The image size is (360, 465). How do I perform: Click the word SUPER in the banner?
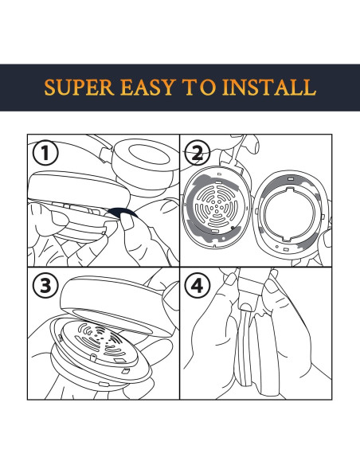click(x=79, y=88)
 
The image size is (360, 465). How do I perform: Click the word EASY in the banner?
click(x=147, y=88)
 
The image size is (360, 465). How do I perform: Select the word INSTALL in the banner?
click(x=269, y=88)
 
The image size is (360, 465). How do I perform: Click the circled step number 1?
click(x=45, y=154)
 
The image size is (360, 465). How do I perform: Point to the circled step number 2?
click(x=198, y=154)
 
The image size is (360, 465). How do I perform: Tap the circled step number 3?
click(x=45, y=286)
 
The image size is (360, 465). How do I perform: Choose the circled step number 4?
click(x=198, y=286)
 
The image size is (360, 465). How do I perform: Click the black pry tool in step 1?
click(x=122, y=212)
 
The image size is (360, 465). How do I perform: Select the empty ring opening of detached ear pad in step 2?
click(x=289, y=214)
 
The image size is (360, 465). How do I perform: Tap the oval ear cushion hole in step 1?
click(x=149, y=154)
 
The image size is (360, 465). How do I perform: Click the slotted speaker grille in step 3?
click(x=100, y=341)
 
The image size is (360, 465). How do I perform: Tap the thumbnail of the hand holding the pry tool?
click(x=127, y=222)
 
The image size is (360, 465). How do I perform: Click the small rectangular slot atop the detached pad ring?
click(x=291, y=179)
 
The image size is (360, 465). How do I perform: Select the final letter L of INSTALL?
click(x=309, y=88)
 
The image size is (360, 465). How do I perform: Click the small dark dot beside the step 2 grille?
click(x=233, y=228)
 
